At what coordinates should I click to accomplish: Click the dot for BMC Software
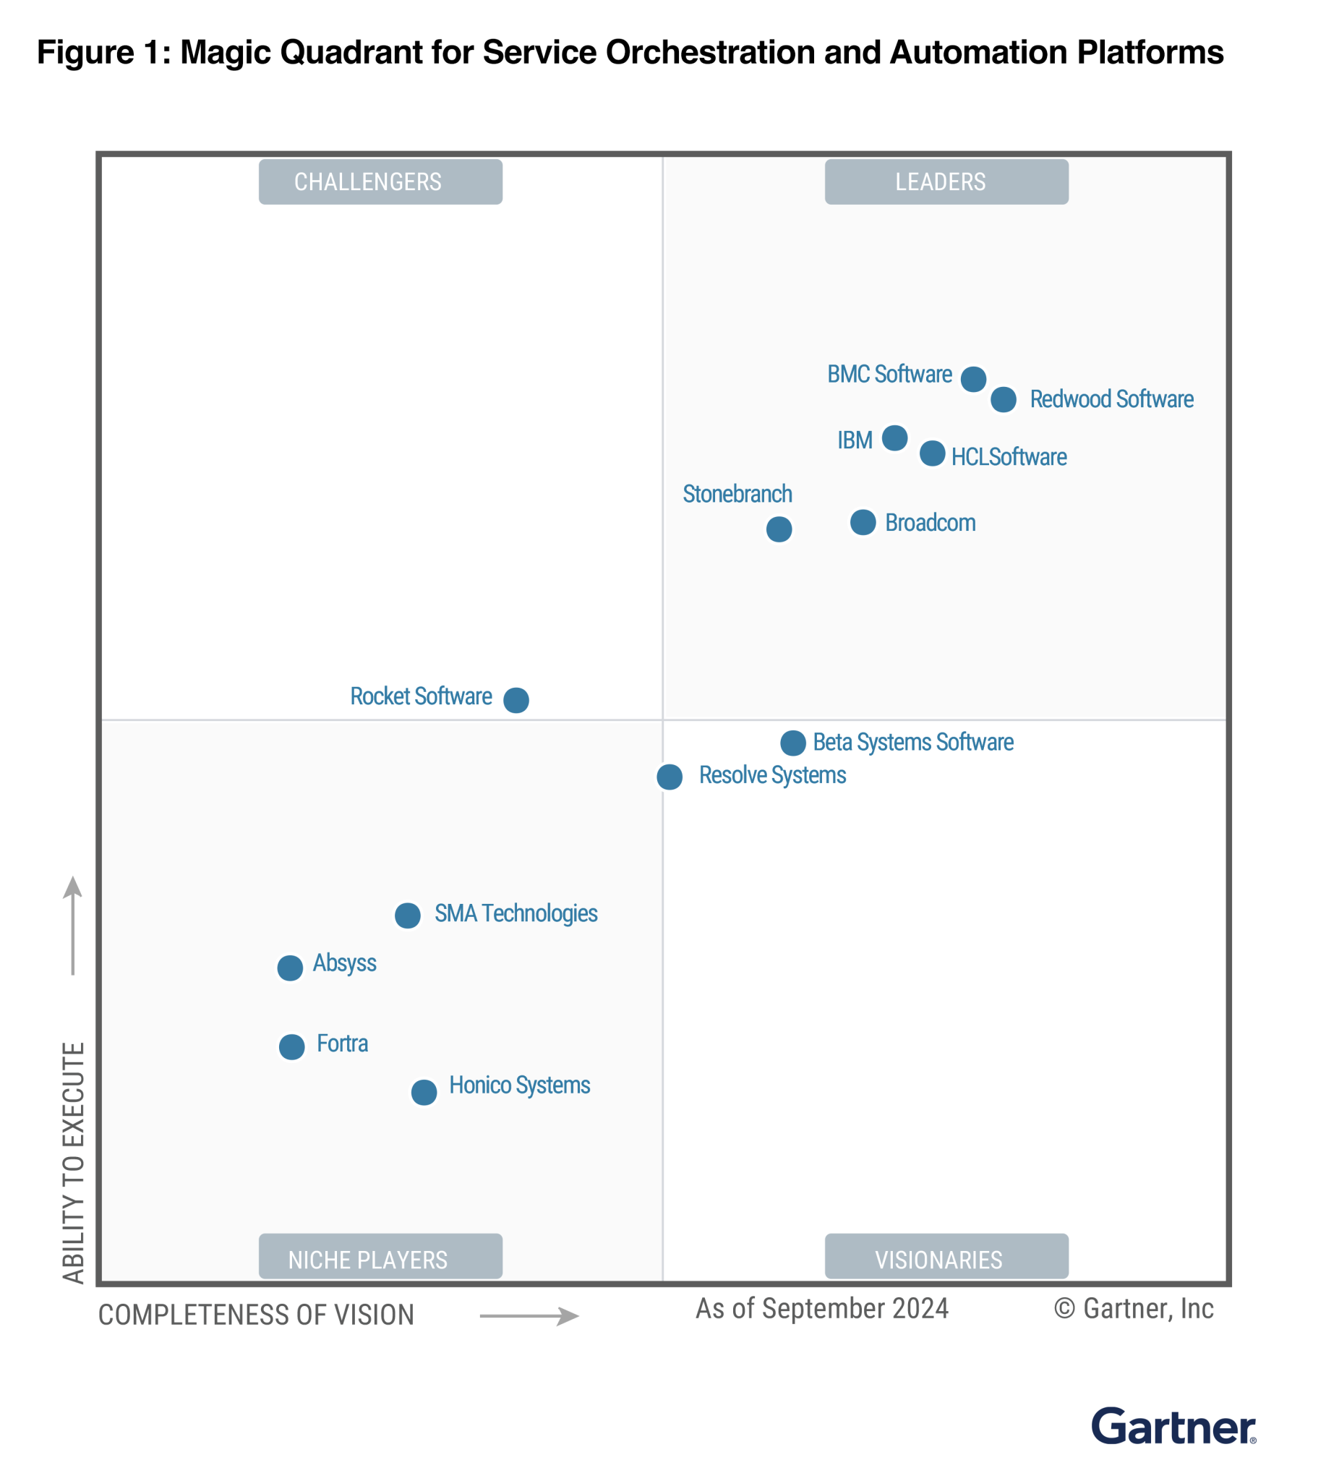(973, 379)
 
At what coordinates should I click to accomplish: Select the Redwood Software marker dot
(1004, 400)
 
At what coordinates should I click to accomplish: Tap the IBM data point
(894, 438)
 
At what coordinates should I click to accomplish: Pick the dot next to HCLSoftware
(932, 453)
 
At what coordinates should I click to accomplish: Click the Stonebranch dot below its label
(779, 529)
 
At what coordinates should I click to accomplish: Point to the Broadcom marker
(863, 522)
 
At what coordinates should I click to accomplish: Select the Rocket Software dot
(516, 700)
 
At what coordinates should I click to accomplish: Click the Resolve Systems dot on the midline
(669, 777)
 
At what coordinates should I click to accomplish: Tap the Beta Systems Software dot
(792, 743)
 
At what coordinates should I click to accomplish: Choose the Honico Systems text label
(519, 1085)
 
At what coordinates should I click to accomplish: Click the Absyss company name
(344, 963)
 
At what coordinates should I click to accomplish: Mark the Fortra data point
(291, 1047)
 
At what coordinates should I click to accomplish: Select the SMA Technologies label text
(516, 913)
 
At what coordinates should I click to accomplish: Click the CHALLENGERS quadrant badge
(380, 182)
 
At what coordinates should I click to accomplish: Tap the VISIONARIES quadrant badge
(946, 1259)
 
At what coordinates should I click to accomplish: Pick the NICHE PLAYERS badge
(380, 1259)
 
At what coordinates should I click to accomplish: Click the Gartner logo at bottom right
(1173, 1427)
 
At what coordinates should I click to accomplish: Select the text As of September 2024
(822, 1309)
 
